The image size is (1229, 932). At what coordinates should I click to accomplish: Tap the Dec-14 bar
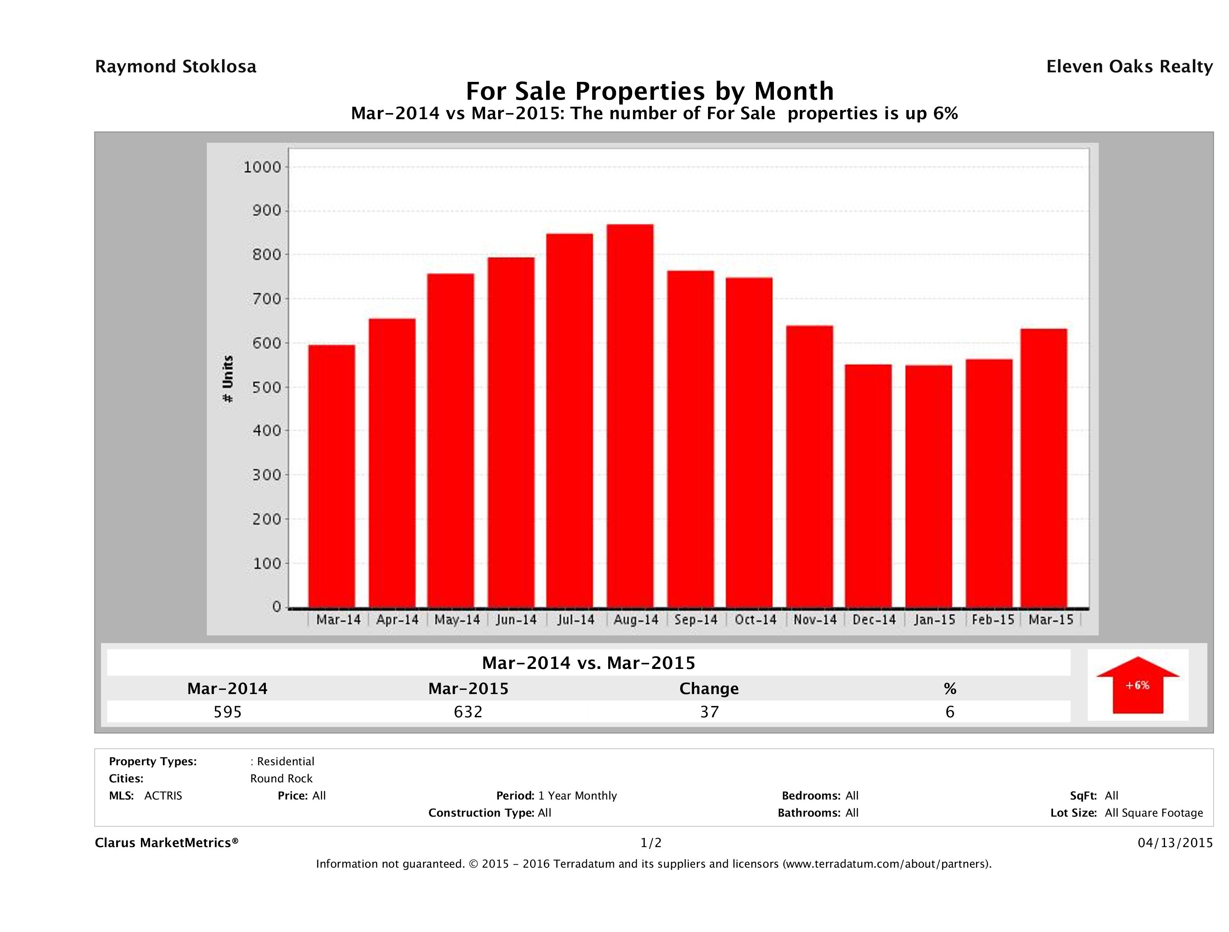click(x=868, y=486)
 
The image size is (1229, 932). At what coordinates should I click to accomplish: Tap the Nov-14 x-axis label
click(x=815, y=620)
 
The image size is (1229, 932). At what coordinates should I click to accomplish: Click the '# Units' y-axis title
click(x=228, y=379)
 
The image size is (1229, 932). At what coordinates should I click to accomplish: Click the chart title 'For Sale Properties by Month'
click(x=649, y=91)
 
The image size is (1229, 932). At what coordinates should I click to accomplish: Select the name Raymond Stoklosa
click(x=176, y=67)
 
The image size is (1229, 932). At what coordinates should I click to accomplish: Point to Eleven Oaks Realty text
click(x=1129, y=67)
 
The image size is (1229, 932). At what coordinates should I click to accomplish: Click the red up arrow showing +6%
click(x=1137, y=685)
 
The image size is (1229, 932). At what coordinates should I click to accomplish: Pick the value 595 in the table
click(x=228, y=712)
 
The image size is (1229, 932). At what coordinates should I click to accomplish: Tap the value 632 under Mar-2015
click(x=468, y=712)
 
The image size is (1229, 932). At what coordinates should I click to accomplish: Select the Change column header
click(x=709, y=689)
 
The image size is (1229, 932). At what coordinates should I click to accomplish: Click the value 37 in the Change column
click(x=710, y=712)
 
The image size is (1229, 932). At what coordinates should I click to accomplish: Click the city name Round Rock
click(x=281, y=779)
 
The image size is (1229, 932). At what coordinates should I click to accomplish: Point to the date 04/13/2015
click(x=1175, y=843)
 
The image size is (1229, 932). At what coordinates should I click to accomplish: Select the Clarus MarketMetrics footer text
click(x=167, y=843)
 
